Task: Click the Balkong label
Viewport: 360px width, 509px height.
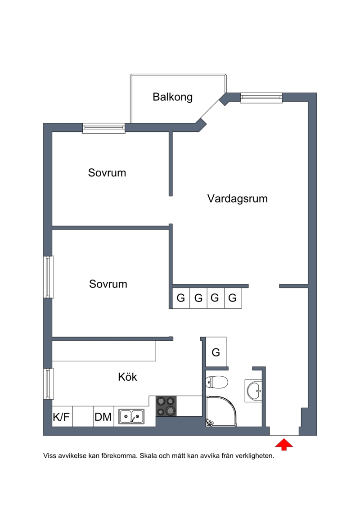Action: coord(173,97)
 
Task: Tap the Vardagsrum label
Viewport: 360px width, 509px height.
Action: coord(238,198)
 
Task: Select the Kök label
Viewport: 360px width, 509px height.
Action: coord(127,377)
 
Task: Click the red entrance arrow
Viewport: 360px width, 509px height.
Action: coord(284,444)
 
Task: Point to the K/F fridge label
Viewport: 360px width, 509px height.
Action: coord(61,417)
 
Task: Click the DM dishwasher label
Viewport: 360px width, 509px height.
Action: coord(103,417)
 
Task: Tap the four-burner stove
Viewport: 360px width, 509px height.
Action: coord(166,406)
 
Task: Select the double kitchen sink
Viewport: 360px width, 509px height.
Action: coord(131,416)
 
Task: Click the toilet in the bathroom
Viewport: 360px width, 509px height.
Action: coord(216,382)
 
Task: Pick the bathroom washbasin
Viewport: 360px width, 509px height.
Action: coord(253,391)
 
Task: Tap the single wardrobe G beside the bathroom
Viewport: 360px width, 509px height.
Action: coord(216,352)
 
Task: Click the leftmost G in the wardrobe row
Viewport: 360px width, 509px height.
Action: coord(181,297)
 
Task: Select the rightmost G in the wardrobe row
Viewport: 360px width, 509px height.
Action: coord(233,297)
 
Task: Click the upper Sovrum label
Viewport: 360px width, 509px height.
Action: coord(107,172)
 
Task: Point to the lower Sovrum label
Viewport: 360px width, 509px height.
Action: coord(108,284)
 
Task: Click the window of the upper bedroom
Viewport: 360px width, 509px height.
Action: coord(104,128)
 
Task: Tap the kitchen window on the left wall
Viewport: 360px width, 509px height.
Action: coord(49,383)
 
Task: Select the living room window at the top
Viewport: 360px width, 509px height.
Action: coord(261,98)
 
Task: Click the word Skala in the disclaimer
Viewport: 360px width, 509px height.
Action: coord(148,456)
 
